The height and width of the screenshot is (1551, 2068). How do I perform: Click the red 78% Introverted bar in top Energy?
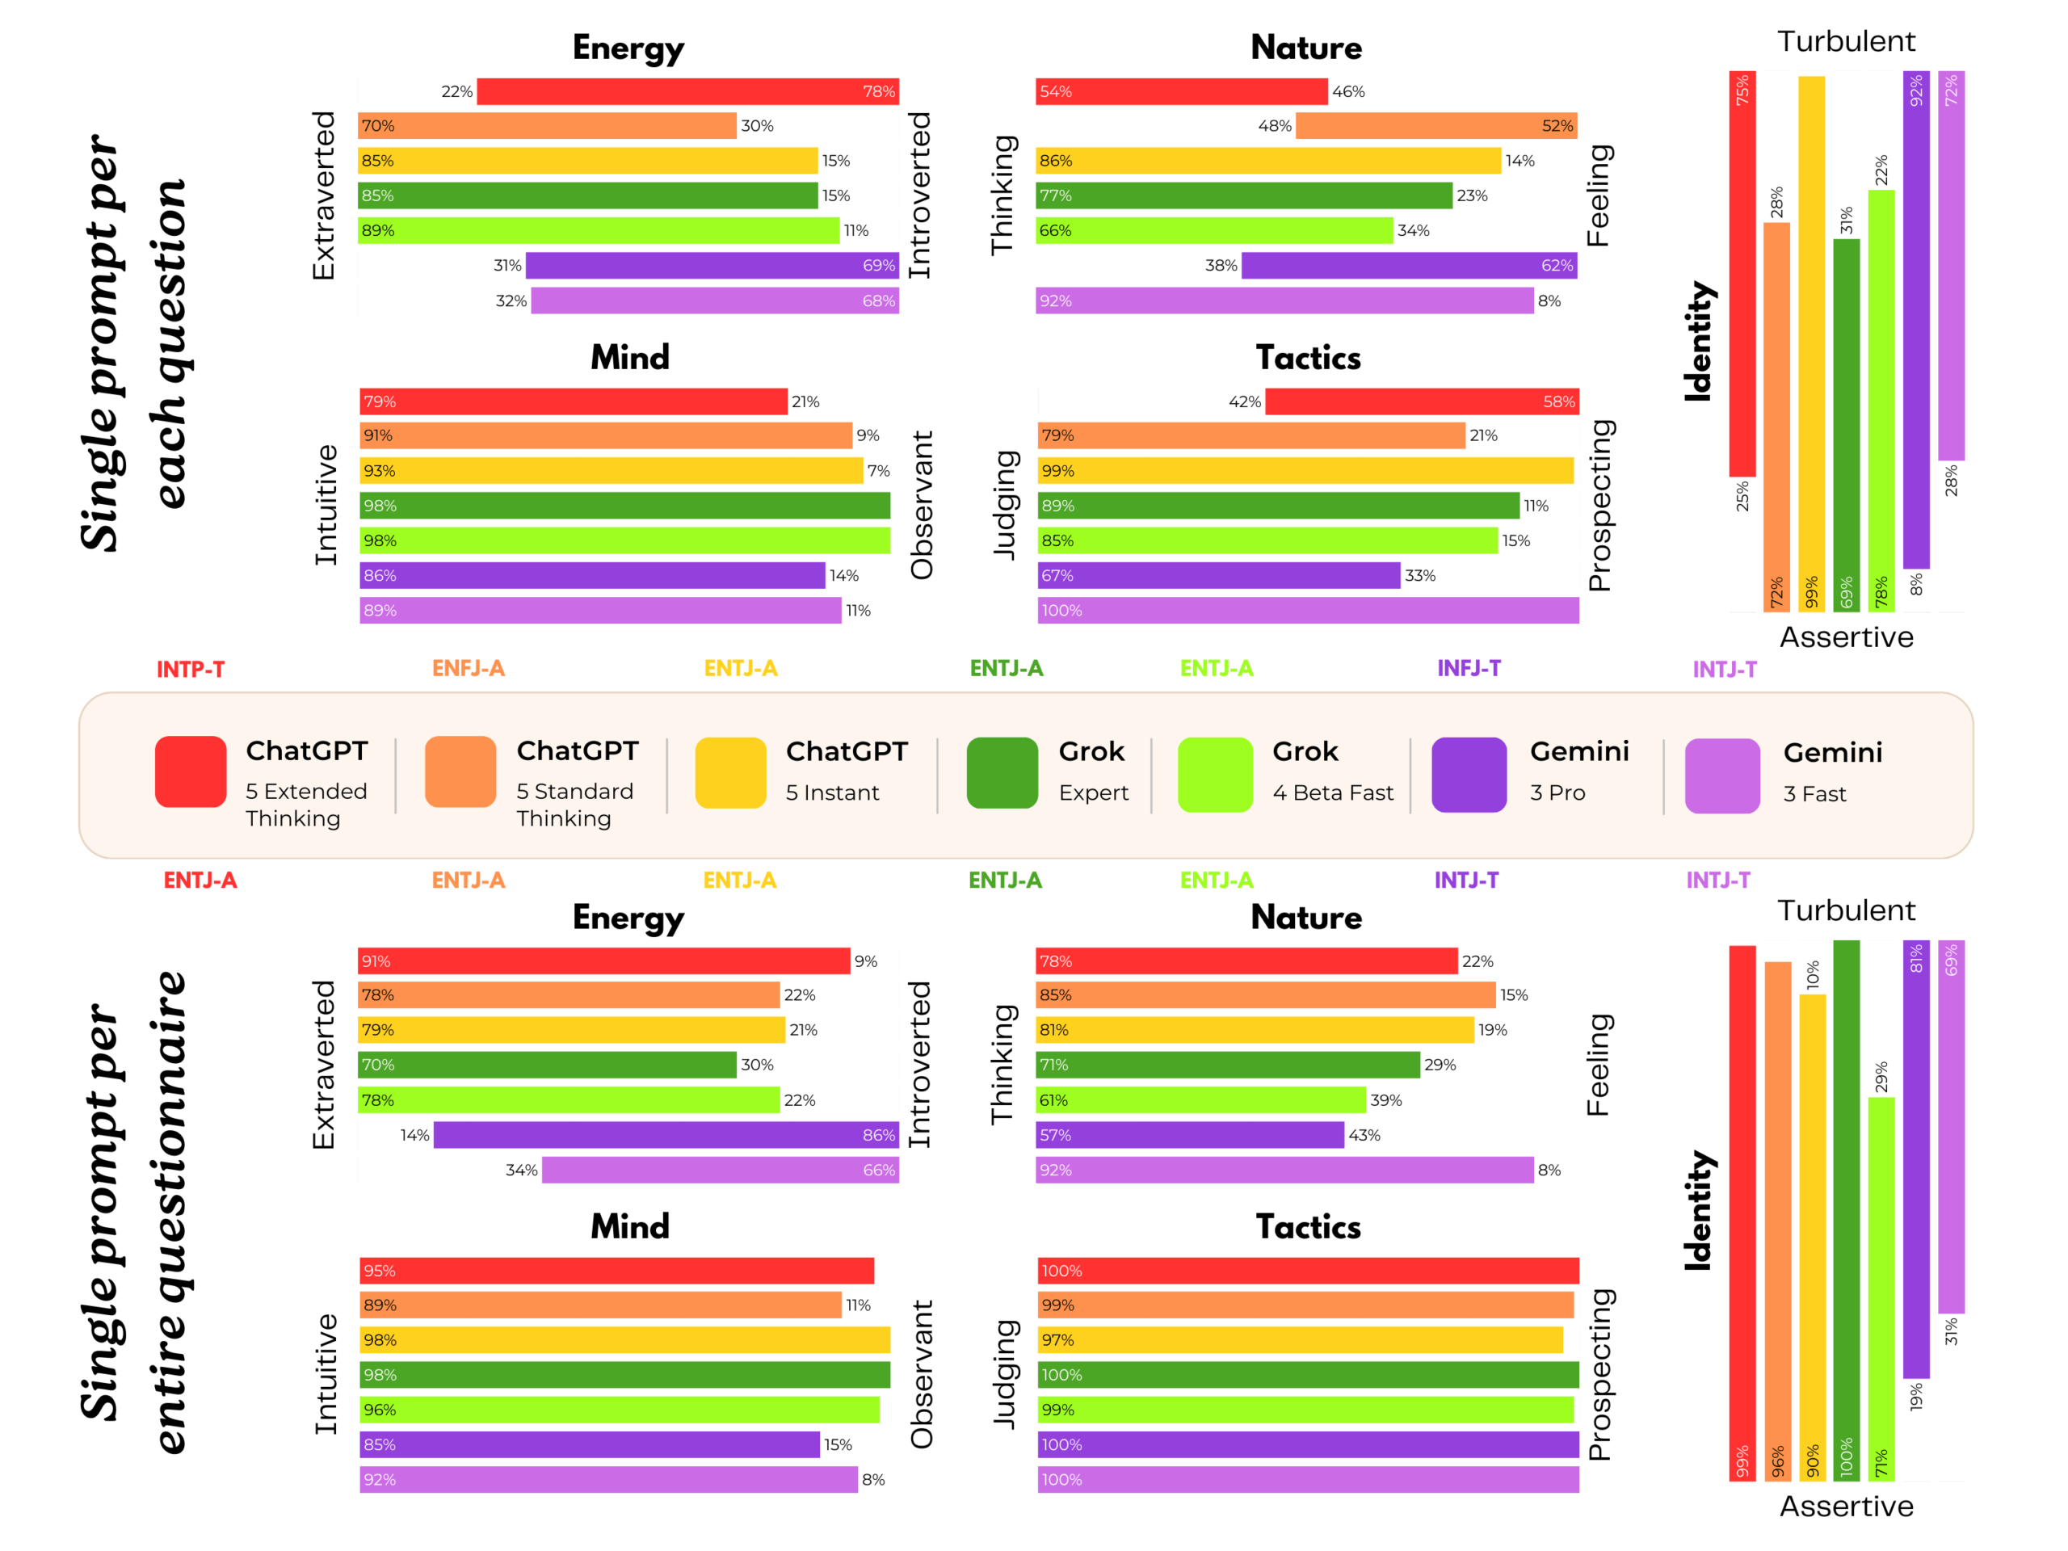[687, 90]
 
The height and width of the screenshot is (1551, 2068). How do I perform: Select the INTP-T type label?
[190, 670]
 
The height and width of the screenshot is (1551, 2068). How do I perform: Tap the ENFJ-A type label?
[468, 668]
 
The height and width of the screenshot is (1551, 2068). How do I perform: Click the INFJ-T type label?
[1468, 668]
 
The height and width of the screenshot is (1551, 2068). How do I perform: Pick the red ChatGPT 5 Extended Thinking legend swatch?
[191, 771]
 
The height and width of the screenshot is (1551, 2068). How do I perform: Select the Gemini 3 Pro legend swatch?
[1468, 774]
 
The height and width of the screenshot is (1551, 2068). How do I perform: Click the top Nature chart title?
[1306, 48]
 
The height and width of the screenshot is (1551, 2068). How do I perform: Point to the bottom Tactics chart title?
[1308, 1226]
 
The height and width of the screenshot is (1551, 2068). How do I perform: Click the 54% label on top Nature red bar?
[1056, 91]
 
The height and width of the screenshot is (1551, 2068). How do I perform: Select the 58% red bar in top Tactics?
[1421, 401]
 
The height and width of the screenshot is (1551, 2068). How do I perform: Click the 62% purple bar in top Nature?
[1409, 266]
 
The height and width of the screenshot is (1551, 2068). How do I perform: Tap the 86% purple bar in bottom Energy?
[666, 1135]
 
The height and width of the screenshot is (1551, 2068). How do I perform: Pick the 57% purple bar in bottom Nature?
[1189, 1135]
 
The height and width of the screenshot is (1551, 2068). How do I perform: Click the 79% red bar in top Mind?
[572, 401]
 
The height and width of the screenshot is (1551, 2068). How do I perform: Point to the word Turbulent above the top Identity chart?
[1846, 41]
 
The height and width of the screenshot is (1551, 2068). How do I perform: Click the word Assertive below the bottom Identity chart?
[1846, 1506]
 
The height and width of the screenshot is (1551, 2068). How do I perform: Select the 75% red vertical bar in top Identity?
[1742, 274]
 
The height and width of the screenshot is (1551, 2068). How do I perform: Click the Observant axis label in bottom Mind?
[922, 1373]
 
